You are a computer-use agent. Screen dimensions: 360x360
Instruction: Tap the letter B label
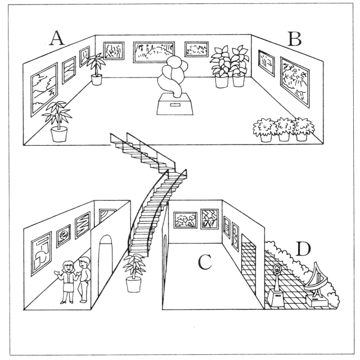294,38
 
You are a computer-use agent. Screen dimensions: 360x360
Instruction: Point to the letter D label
304,249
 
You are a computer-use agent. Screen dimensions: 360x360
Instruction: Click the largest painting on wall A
44,89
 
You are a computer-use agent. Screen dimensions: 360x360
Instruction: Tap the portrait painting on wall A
84,56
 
